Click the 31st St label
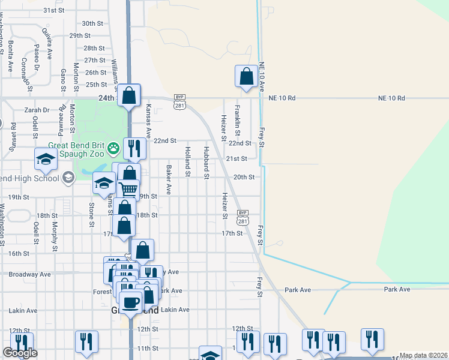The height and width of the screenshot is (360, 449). click(53, 11)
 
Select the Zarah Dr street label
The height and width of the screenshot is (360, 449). click(37, 110)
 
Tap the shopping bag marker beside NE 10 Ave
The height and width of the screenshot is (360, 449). click(246, 77)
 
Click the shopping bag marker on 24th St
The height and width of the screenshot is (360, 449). click(128, 95)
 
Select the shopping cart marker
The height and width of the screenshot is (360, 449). click(128, 190)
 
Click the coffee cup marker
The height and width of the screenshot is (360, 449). click(131, 301)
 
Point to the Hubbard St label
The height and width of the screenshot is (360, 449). click(206, 163)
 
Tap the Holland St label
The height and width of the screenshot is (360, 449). click(188, 162)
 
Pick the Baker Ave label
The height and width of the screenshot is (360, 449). click(169, 180)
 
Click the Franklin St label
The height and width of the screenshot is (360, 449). click(238, 120)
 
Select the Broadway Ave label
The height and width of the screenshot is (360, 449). click(29, 274)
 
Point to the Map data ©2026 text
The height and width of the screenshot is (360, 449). click(424, 355)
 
